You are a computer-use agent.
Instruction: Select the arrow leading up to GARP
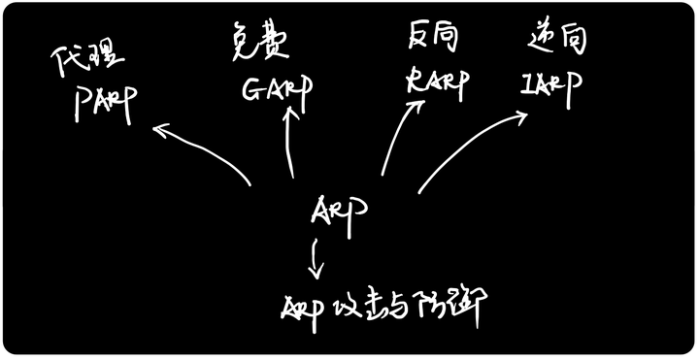(290, 141)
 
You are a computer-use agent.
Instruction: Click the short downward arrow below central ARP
(315, 257)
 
